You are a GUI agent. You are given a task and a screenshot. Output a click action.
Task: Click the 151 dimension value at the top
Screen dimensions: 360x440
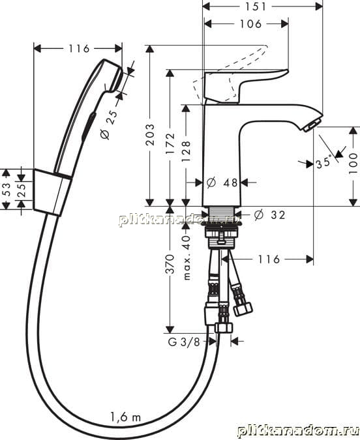[x=256, y=7]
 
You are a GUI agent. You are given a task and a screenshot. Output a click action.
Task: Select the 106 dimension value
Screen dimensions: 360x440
[x=251, y=24]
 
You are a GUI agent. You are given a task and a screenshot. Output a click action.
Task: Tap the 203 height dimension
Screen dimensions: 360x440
[x=151, y=134]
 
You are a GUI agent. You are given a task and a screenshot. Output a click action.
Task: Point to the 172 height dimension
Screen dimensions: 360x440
[x=170, y=143]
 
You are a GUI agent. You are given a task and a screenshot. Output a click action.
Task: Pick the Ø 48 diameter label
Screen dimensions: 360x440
[x=222, y=183]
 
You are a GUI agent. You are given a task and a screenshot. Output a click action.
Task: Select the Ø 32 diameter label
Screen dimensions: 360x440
[x=269, y=215]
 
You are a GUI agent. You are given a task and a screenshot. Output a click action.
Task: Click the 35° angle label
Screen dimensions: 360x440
[x=323, y=163]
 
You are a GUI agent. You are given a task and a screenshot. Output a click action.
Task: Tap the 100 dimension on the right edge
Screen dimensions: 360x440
[x=353, y=164]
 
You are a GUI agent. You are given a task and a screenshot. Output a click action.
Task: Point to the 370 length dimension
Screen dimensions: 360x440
[x=170, y=264]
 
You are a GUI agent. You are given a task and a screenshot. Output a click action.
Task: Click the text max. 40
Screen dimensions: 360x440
[x=187, y=257]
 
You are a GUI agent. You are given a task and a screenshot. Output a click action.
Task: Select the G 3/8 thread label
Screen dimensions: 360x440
[x=184, y=342]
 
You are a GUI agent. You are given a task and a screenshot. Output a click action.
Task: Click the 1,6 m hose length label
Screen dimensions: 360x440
[x=125, y=417]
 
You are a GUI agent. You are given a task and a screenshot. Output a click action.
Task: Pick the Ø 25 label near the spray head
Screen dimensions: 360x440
[x=109, y=125]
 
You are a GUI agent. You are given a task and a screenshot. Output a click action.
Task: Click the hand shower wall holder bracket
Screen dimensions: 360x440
[x=52, y=192]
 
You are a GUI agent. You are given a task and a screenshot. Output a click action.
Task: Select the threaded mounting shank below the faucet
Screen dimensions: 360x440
[x=222, y=227]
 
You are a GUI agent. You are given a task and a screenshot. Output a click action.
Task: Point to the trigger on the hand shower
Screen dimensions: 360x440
[x=89, y=125]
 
